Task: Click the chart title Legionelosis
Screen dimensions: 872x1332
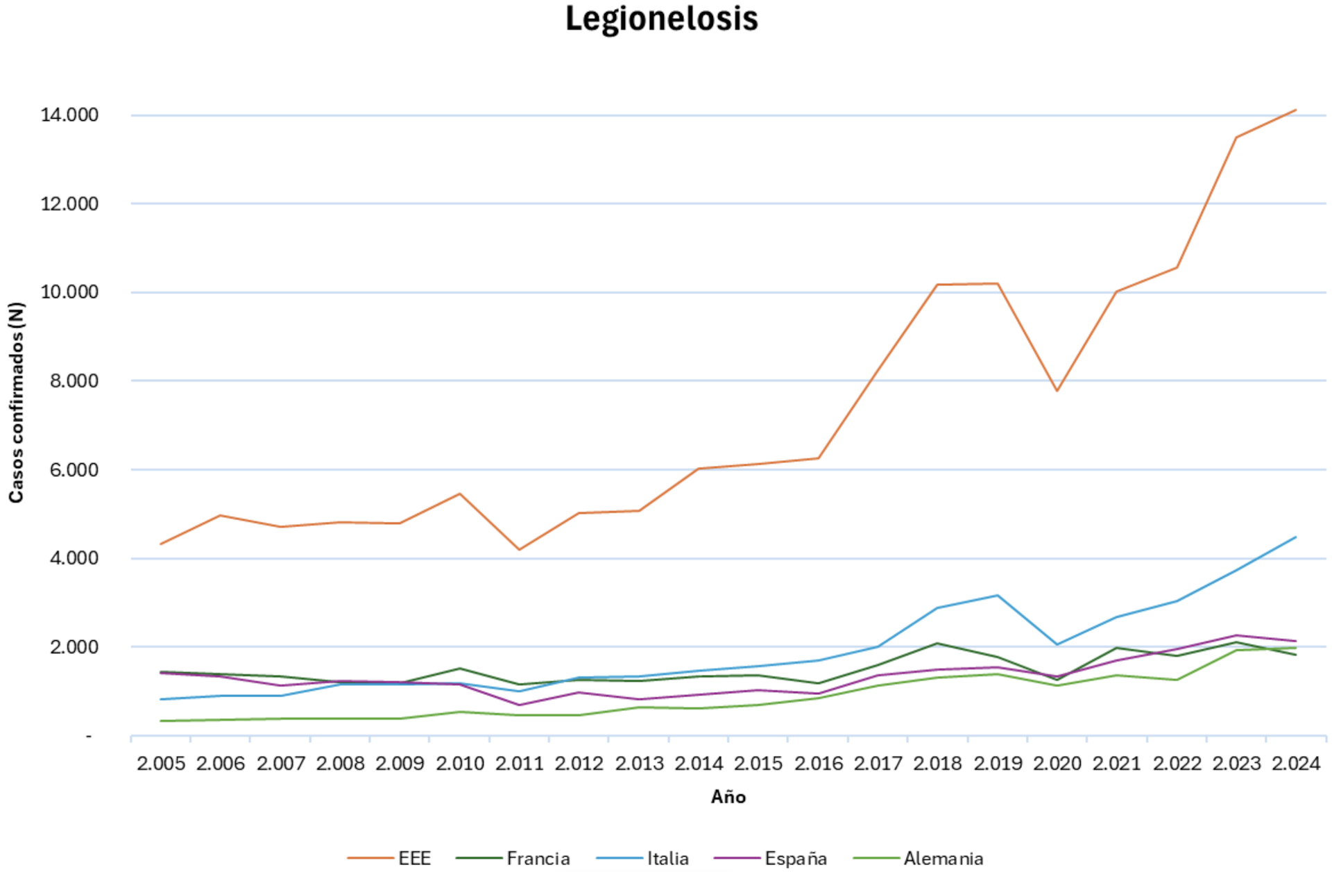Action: pyautogui.click(x=661, y=19)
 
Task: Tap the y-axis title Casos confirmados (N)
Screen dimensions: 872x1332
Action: pyautogui.click(x=16, y=402)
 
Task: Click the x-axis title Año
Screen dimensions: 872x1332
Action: pyautogui.click(x=728, y=796)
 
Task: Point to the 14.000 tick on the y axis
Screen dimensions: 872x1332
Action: pyautogui.click(x=69, y=115)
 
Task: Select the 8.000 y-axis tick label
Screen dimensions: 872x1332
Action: pyautogui.click(x=69, y=381)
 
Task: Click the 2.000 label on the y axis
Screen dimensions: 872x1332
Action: pyautogui.click(x=69, y=647)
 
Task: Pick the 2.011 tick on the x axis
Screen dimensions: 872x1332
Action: pyautogui.click(x=519, y=764)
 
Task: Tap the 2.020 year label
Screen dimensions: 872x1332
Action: pyautogui.click(x=1057, y=764)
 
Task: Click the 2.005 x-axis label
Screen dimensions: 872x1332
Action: pyautogui.click(x=161, y=764)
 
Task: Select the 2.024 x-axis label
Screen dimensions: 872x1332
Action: pyautogui.click(x=1295, y=764)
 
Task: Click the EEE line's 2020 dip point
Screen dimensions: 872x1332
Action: pyautogui.click(x=1057, y=391)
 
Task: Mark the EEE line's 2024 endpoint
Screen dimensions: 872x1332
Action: pyautogui.click(x=1295, y=110)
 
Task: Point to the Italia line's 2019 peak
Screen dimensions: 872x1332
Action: pyautogui.click(x=998, y=595)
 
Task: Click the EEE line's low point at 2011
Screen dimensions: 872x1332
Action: pyautogui.click(x=519, y=550)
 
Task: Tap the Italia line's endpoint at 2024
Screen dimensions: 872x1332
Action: pyautogui.click(x=1295, y=537)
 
